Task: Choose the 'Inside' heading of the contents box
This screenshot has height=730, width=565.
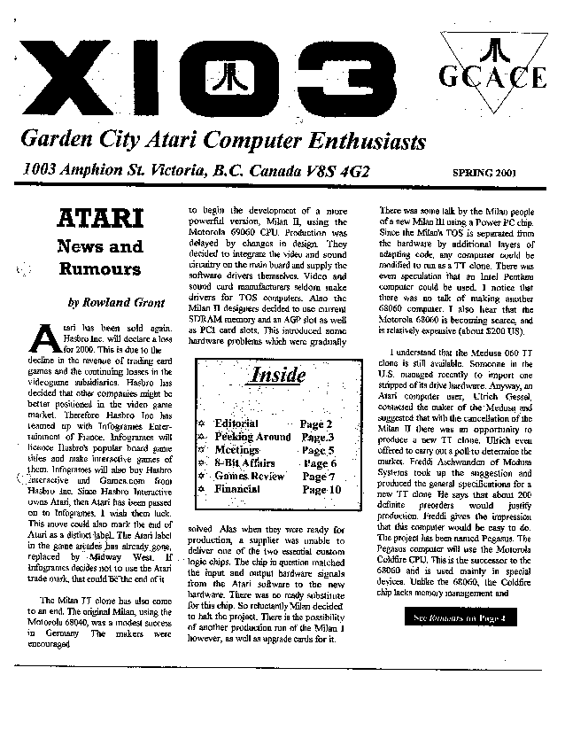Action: [x=277, y=374]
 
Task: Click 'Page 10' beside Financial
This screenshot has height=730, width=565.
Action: [x=321, y=489]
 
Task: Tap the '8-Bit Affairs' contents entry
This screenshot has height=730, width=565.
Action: [x=244, y=462]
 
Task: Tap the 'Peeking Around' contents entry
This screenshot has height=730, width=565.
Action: [x=252, y=437]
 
